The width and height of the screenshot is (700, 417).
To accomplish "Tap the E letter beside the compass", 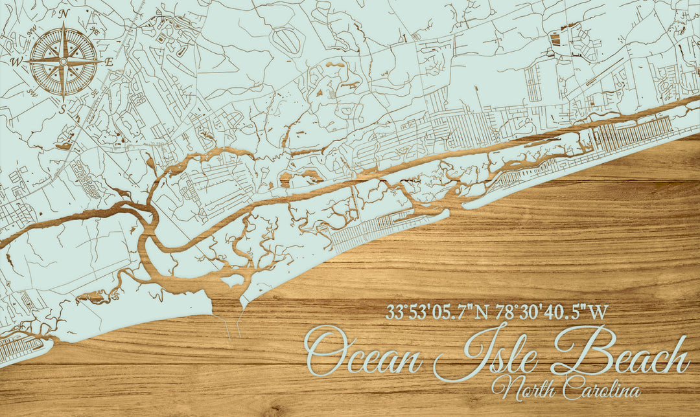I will click(x=110, y=62).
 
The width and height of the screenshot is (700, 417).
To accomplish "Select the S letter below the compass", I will click(x=63, y=109).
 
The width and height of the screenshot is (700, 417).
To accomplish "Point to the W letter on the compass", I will click(x=16, y=62).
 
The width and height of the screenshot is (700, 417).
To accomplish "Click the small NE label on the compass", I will click(x=95, y=30).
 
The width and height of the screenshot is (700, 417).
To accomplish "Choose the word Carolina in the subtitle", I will click(x=601, y=389).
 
